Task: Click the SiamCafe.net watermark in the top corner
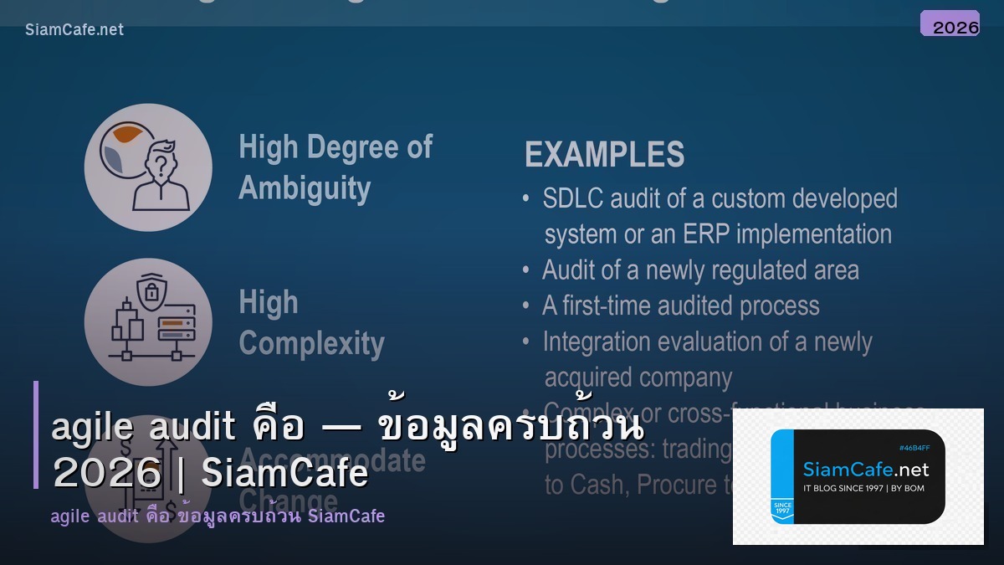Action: [x=74, y=29]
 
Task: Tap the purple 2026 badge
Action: [x=950, y=24]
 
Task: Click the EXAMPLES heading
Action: [x=604, y=155]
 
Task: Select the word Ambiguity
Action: [x=305, y=187]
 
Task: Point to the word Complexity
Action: [x=311, y=343]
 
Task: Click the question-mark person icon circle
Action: [x=148, y=167]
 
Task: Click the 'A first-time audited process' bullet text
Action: [x=680, y=306]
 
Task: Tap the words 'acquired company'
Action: [x=638, y=378]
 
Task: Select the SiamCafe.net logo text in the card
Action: [x=865, y=470]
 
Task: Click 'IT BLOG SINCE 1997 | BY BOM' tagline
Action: [x=863, y=488]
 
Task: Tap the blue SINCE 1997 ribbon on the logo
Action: [x=782, y=506]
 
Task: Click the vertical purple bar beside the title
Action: [x=36, y=434]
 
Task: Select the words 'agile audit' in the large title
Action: [x=144, y=428]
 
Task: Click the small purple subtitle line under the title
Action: [x=218, y=516]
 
